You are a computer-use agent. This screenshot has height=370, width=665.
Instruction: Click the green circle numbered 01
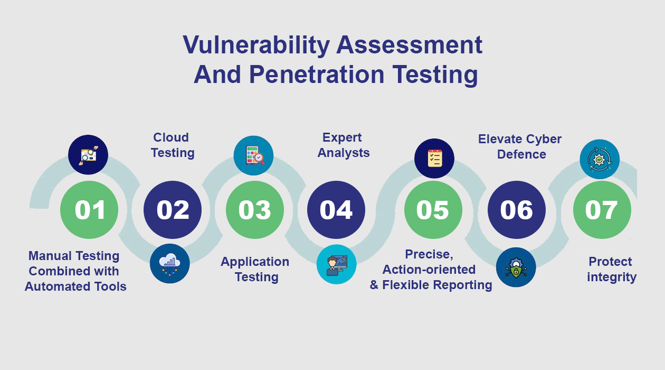89,210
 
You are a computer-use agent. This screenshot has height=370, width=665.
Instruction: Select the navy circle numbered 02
173,210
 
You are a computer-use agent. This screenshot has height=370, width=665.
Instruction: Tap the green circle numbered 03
255,210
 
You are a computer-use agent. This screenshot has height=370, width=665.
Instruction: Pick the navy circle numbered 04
336,210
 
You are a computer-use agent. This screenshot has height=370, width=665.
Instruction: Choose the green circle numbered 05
433,210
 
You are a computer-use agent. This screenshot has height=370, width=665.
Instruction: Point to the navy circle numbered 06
517,210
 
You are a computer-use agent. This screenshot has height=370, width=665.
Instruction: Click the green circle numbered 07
602,210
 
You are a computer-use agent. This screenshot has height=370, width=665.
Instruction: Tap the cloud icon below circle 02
169,264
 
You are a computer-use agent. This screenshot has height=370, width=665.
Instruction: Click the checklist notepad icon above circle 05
434,158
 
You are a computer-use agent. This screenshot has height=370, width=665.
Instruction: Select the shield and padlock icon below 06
516,267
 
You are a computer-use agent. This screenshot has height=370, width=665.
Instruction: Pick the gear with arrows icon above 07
600,159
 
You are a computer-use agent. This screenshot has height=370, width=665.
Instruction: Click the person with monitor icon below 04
336,264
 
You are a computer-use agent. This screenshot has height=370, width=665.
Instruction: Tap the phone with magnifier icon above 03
253,155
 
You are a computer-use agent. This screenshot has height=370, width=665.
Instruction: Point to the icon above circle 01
88,155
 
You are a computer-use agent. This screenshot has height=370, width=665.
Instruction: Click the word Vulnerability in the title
256,45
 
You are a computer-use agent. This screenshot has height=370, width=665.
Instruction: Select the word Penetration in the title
317,75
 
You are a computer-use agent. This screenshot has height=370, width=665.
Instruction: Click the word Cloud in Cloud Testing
171,137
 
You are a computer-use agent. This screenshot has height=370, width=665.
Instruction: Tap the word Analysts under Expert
344,153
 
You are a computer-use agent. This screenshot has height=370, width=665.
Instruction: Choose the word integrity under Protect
612,277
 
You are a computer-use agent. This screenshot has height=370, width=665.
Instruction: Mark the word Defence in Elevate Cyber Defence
521,154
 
